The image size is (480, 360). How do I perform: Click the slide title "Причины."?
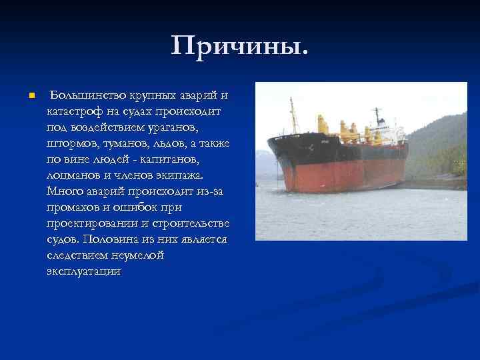click(x=240, y=47)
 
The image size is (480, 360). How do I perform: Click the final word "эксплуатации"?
click(x=84, y=271)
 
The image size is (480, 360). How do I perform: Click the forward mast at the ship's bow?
click(x=291, y=117)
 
